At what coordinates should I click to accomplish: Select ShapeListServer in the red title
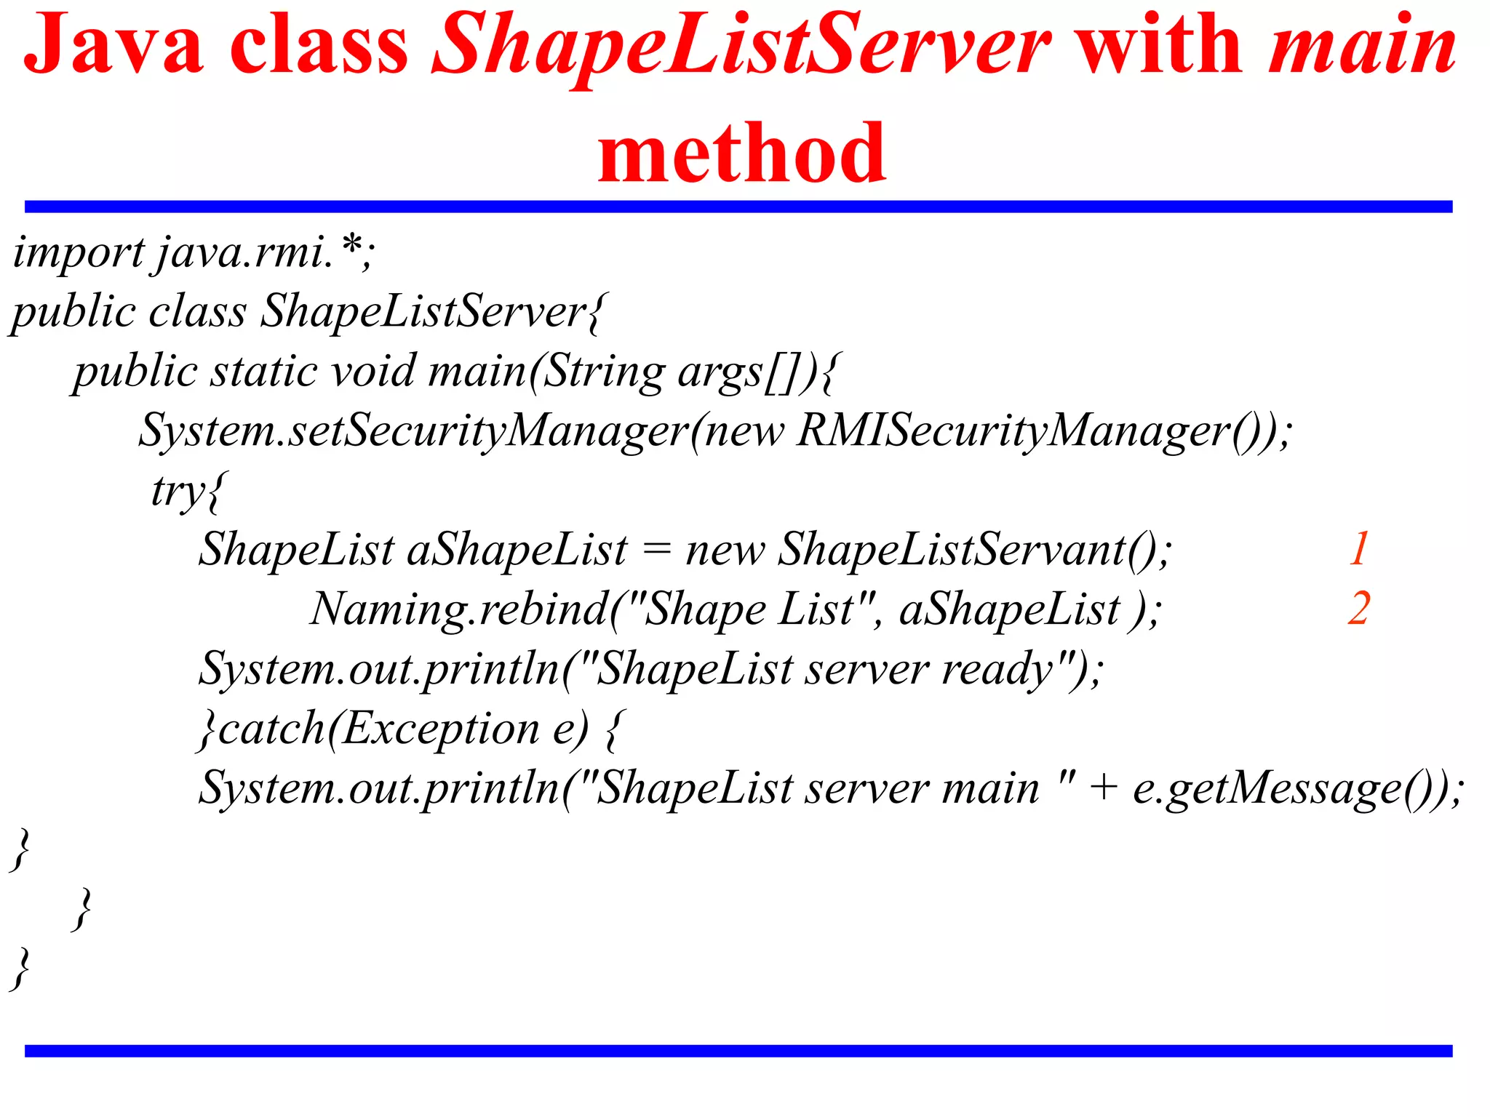pyautogui.click(x=740, y=45)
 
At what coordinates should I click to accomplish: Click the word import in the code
pyautogui.click(x=78, y=253)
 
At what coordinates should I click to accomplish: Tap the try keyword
pyautogui.click(x=179, y=490)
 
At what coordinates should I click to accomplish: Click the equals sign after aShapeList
pyautogui.click(x=656, y=550)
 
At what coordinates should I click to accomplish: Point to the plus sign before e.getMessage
pyautogui.click(x=1104, y=788)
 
